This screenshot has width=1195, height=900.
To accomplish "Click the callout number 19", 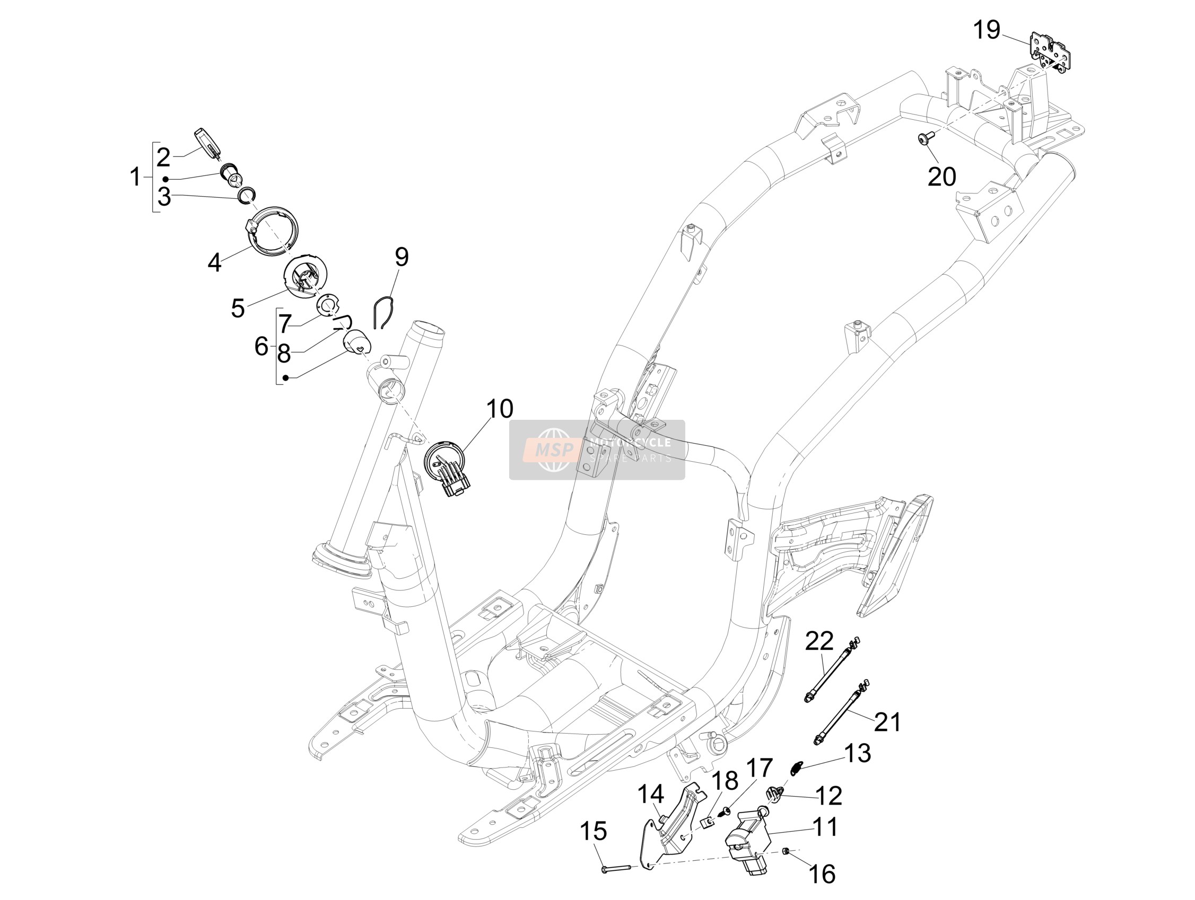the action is coord(987,30).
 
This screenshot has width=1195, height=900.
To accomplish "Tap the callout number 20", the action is coord(941,177).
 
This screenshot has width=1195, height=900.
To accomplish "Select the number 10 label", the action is coord(500,409).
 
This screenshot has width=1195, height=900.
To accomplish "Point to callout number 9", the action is coord(402,257).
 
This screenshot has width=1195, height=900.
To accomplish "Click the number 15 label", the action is coord(594,832).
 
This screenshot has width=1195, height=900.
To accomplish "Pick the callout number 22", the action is coord(819,641).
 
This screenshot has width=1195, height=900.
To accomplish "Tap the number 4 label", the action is coord(214,263).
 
